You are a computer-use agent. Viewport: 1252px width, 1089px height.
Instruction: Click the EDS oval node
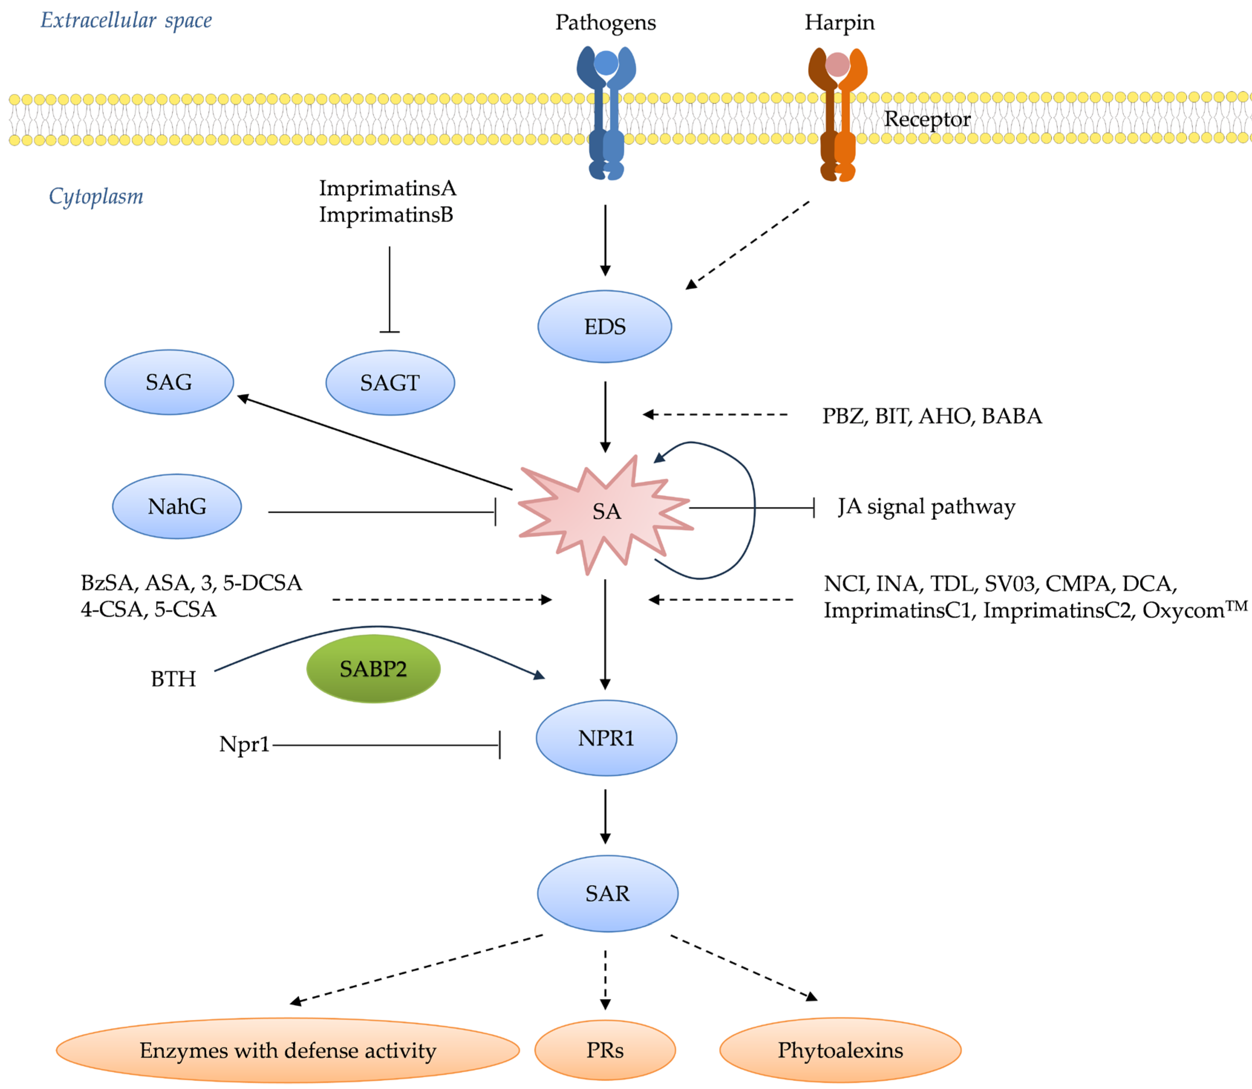[x=604, y=326]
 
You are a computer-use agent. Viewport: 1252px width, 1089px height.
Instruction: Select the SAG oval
[x=169, y=382]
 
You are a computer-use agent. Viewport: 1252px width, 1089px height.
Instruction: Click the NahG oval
[x=177, y=506]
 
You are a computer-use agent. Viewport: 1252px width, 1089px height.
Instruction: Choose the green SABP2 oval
[x=373, y=669]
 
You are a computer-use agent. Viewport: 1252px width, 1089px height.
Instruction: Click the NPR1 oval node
[x=606, y=738]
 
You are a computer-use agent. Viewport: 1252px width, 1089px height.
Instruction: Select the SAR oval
[x=607, y=893]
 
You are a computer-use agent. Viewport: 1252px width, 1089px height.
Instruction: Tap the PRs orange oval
[x=605, y=1050]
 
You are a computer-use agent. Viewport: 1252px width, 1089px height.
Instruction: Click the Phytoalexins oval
[x=840, y=1050]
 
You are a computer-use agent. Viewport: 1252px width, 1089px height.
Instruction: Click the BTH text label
[x=173, y=679]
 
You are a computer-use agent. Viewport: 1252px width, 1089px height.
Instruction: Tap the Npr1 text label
[x=244, y=744]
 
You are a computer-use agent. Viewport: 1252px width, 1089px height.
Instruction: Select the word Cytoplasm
[x=96, y=196]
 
